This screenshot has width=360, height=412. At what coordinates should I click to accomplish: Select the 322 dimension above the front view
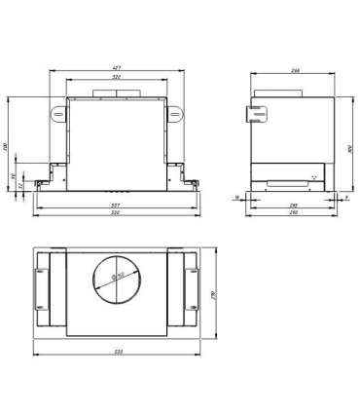[x=117, y=76]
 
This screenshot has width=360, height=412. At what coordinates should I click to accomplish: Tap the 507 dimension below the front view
[x=116, y=205]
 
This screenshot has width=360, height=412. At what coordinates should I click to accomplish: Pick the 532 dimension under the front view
[x=116, y=212]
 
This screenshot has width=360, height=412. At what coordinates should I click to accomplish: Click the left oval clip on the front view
[x=55, y=114]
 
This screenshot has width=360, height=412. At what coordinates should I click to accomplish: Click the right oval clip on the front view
[x=177, y=114]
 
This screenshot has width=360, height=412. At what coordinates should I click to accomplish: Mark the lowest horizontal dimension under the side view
[x=293, y=212]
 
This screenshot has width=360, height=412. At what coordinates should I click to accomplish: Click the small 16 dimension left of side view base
[x=236, y=197]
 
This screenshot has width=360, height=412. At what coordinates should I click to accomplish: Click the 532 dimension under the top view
[x=116, y=352]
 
